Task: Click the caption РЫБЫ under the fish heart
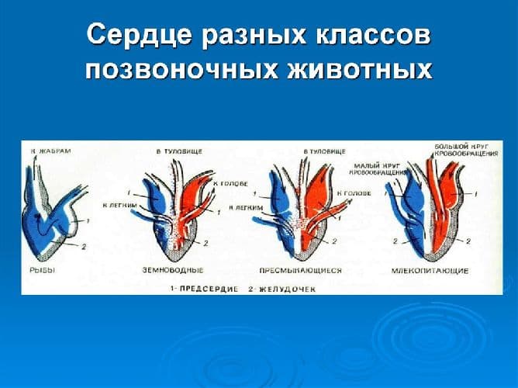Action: coord(40,270)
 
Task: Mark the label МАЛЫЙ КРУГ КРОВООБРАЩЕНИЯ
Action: coord(380,169)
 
